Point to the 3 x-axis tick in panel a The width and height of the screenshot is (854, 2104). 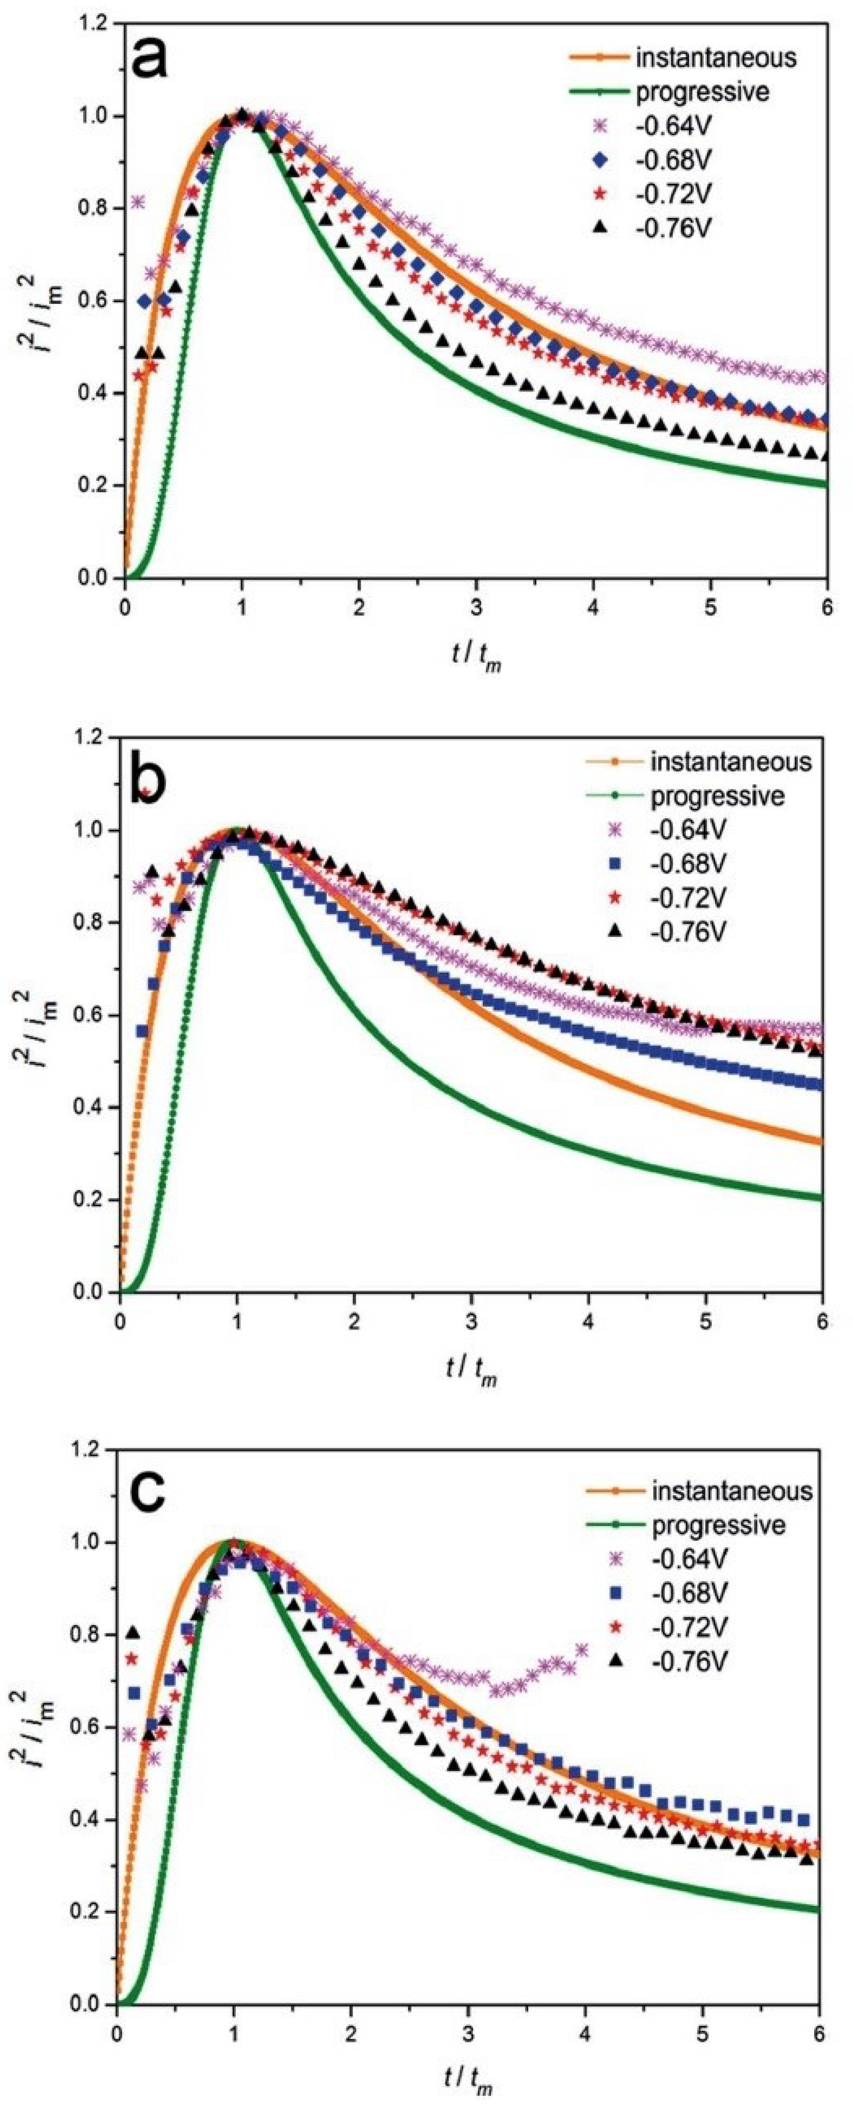click(476, 609)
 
